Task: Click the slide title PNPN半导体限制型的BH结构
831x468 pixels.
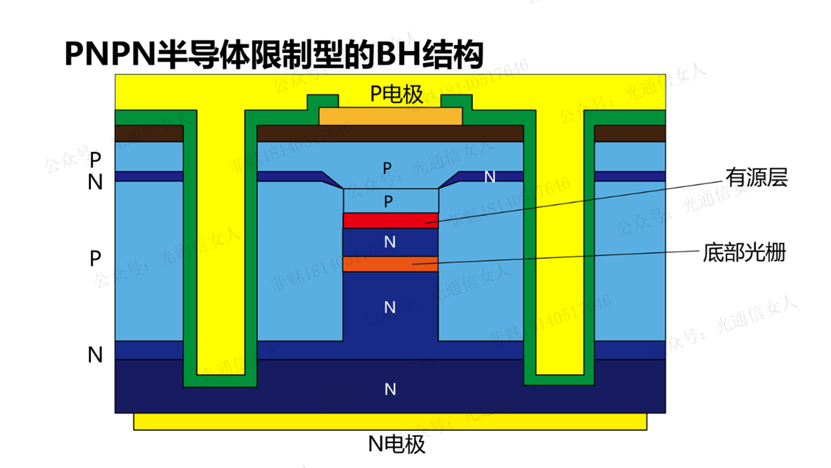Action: coord(274,54)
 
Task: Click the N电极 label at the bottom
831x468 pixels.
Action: coord(396,444)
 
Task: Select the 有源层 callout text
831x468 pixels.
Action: coord(755,177)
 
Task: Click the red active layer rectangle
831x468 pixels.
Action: coord(390,220)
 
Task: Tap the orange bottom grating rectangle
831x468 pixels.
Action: coord(390,263)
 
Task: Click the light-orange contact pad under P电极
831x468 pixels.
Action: coord(390,117)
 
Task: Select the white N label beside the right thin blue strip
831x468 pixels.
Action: coord(489,176)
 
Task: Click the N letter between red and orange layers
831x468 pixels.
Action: coord(390,243)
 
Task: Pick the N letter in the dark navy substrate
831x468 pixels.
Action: coord(390,389)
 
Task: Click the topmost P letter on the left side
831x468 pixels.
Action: coord(96,159)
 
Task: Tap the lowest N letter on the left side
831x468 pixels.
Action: coord(96,355)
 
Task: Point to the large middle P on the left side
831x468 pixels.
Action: coord(96,259)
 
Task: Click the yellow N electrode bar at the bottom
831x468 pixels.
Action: coord(390,421)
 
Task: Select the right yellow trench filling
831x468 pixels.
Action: coord(561,249)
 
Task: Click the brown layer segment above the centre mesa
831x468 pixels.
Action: coord(390,133)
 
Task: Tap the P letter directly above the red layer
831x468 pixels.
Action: coord(389,201)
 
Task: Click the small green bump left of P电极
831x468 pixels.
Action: coord(323,101)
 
